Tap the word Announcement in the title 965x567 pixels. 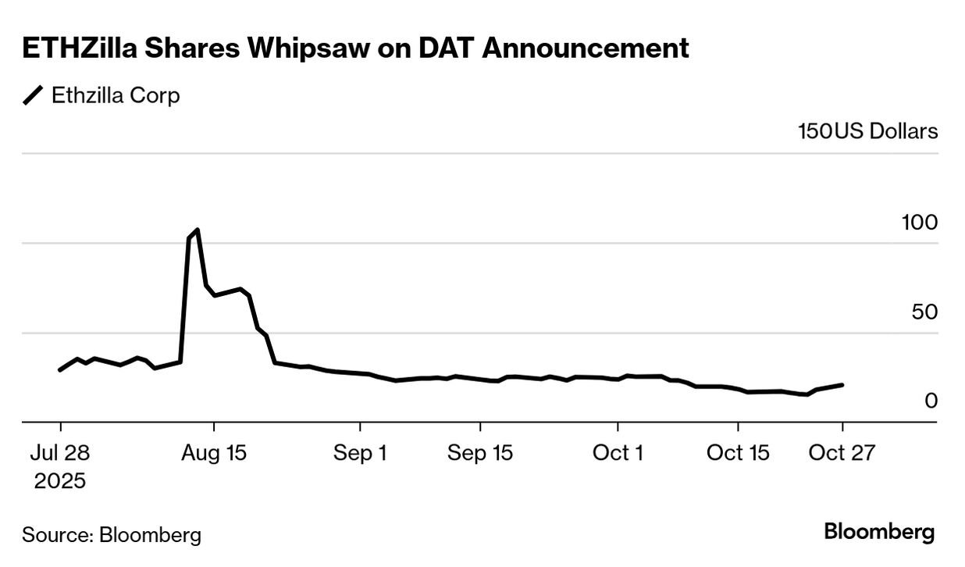point(586,48)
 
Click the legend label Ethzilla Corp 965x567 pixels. point(116,96)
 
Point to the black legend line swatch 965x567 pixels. point(34,96)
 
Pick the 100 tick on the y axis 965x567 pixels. point(919,223)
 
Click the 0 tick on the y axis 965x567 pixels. point(931,401)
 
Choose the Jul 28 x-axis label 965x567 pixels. point(60,453)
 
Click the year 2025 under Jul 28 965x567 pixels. point(60,481)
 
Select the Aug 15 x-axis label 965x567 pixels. point(213,453)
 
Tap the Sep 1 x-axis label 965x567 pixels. point(360,453)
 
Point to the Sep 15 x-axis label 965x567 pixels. point(479,453)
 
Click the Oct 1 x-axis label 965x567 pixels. point(618,453)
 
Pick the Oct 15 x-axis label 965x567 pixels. point(738,453)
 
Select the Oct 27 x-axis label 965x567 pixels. point(842,453)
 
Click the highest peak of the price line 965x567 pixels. point(198,230)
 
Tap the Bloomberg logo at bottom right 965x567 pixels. point(879,533)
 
